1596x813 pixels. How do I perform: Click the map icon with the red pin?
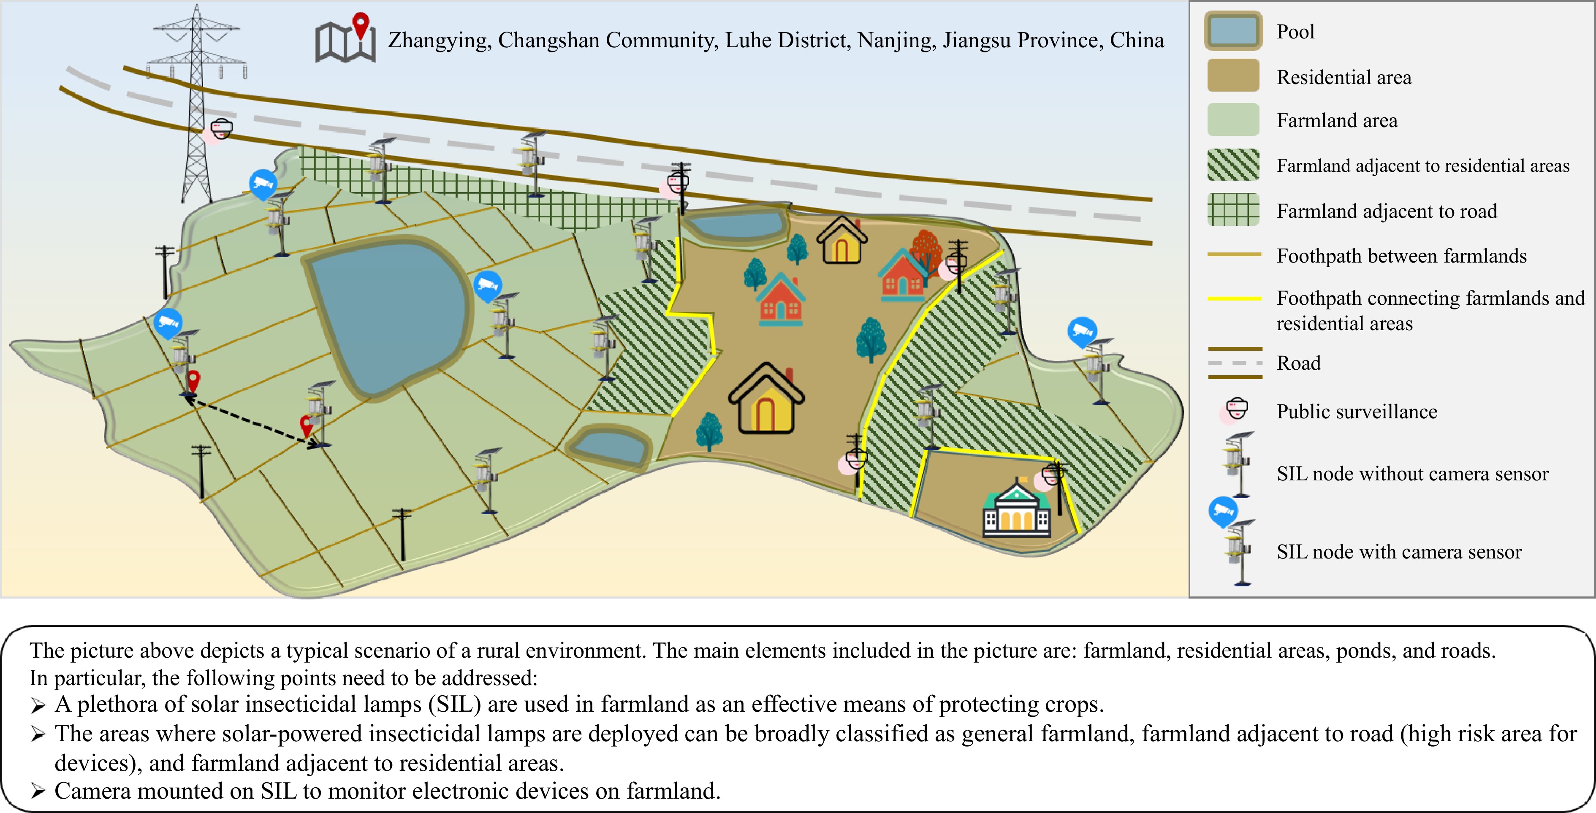[x=345, y=38]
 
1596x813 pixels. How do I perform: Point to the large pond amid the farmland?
[x=387, y=316]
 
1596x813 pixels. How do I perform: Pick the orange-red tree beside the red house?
[x=926, y=252]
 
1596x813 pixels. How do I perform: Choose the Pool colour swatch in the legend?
[x=1233, y=31]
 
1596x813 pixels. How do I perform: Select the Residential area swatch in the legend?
[x=1233, y=76]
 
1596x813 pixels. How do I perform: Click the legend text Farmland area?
[x=1337, y=120]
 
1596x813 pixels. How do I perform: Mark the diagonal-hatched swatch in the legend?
[x=1233, y=165]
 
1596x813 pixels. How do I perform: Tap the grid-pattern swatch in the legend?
[x=1233, y=209]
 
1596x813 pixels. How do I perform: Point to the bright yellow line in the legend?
[x=1234, y=298]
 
